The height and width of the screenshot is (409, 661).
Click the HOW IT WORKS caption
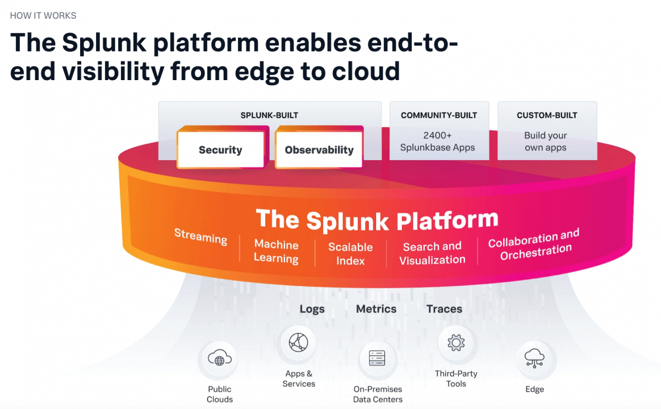point(43,15)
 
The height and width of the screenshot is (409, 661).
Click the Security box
point(220,150)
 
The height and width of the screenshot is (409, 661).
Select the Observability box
point(319,150)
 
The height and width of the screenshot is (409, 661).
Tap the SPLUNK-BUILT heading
point(269,115)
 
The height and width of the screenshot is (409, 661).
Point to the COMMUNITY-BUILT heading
point(439,115)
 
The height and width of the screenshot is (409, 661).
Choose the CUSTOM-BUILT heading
point(547,115)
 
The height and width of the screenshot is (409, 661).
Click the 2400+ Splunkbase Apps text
point(437,141)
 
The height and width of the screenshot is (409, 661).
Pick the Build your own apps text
point(546,141)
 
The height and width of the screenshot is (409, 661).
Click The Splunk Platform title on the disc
point(377,220)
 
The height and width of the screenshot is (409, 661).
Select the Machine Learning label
point(277,252)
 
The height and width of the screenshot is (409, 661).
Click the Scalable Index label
point(350,254)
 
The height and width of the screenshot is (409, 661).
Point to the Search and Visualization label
point(432,253)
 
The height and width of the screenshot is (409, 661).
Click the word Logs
point(312,309)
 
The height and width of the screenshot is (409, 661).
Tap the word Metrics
point(376,309)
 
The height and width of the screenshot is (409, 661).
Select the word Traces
point(444,309)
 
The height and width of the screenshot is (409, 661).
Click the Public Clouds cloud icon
point(219,359)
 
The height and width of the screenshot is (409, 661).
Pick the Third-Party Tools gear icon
point(456,343)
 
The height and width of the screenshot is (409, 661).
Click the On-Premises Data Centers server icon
point(377,358)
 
